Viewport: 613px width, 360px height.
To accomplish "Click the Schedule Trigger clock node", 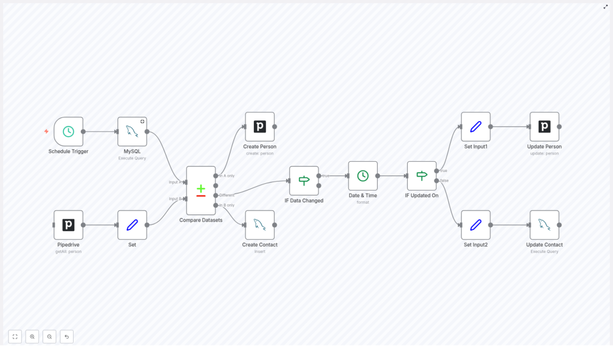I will (68, 131).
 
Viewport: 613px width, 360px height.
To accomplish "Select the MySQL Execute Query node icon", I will (132, 131).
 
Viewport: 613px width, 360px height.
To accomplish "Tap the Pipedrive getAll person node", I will (68, 225).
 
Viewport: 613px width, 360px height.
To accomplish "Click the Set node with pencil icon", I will (132, 225).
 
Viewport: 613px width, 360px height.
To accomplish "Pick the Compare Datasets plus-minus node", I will (201, 190).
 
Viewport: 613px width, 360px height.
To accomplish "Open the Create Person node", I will (260, 126).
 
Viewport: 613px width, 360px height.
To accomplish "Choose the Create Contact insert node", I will (260, 225).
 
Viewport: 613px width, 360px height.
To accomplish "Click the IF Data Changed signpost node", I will (304, 180).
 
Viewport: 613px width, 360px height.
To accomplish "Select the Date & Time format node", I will (363, 176).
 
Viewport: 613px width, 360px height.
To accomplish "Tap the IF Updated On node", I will (421, 176).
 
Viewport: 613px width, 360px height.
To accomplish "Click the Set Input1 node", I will (476, 126).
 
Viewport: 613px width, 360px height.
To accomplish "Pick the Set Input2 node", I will (476, 225).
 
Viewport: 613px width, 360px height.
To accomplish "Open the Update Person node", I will (544, 126).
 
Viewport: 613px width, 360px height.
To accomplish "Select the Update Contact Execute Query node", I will (544, 225).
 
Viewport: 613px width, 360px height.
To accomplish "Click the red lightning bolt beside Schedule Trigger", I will (46, 131).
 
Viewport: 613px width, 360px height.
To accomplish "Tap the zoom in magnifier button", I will (32, 337).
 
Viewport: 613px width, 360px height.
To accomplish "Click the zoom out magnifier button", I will (49, 337).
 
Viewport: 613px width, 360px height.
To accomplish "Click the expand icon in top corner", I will (605, 7).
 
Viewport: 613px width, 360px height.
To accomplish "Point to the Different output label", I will (227, 195).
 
